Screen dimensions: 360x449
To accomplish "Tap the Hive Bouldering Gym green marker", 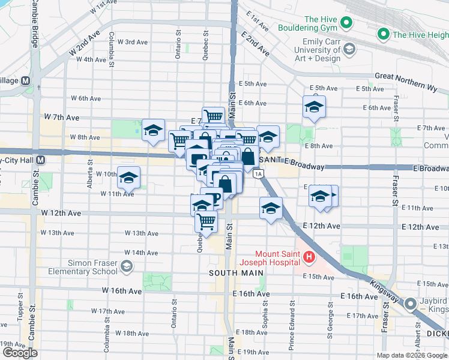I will coord(346,24).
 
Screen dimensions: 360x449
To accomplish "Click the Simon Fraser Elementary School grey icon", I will coord(127,266).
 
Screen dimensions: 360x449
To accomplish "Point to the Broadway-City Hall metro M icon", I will coord(40,160).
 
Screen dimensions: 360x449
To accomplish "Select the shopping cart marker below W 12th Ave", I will coord(206,221).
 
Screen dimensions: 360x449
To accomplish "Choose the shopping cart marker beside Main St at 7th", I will coord(213,116).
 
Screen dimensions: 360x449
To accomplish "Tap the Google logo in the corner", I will coord(20,353).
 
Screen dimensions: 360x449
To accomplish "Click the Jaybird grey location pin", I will coord(411,304).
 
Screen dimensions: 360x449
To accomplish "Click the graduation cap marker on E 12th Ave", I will coord(271,209).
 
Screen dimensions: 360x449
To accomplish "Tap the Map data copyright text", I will coord(411,355).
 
